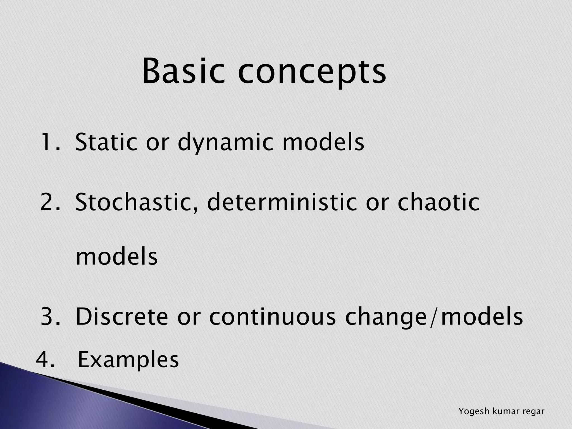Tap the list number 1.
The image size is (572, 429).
pos(50,142)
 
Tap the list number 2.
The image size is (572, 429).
pos(50,202)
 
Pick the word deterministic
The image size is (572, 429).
pos(282,202)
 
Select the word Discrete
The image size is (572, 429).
pos(122,316)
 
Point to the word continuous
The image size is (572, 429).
pos(272,316)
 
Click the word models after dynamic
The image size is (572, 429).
pos(323,142)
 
